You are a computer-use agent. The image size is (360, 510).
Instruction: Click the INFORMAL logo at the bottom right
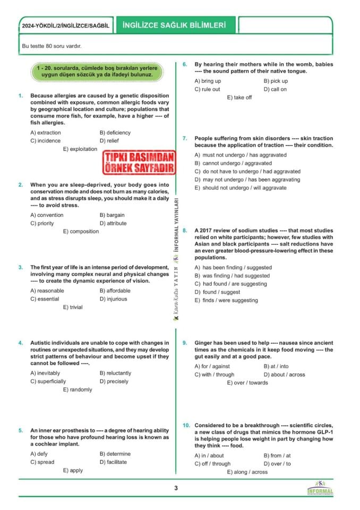pos(321,489)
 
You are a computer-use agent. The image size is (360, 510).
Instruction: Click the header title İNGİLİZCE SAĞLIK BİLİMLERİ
pos(174,25)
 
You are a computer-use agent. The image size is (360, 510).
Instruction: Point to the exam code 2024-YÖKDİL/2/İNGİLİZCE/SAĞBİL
pos(65,26)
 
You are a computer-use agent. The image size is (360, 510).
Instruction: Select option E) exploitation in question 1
pos(80,149)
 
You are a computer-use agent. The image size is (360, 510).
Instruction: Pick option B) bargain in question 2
pos(112,215)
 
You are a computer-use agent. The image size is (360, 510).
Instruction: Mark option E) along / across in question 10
pos(247,472)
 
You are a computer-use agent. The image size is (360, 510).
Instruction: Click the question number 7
pos(185,138)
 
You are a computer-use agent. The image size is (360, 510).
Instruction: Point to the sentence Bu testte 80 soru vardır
pos(52,46)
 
